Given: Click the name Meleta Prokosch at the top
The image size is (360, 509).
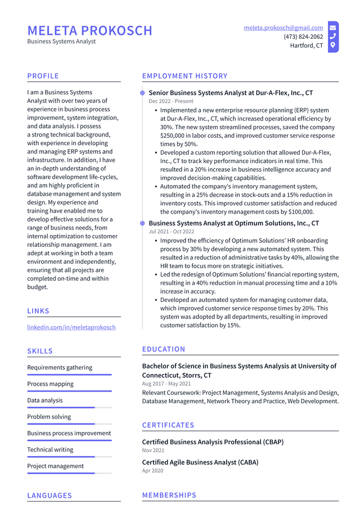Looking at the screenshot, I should (90, 30).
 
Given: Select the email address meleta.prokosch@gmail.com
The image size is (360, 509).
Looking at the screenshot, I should (283, 28).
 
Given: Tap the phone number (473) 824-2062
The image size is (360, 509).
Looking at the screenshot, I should (303, 37).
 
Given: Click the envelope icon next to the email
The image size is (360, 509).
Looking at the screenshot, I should (333, 28).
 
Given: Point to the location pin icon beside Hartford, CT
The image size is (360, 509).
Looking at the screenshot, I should (333, 45).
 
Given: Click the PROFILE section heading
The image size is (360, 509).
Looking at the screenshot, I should (43, 76).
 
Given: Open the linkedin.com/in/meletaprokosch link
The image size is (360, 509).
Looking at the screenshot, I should (71, 327).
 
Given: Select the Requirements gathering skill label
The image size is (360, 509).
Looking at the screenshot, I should (60, 367).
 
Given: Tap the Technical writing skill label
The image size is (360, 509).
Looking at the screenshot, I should (50, 449).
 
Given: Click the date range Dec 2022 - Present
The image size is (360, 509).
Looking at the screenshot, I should (171, 101).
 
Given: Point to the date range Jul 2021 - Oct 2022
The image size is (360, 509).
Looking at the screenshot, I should (171, 232).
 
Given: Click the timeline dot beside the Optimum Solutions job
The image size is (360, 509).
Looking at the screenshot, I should (143, 224).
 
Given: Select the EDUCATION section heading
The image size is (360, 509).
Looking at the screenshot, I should (164, 349).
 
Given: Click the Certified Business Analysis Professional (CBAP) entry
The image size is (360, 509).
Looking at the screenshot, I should (213, 442).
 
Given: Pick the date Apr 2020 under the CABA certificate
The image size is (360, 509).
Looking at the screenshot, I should (153, 471).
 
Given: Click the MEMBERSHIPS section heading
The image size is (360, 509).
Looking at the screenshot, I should (169, 496).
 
